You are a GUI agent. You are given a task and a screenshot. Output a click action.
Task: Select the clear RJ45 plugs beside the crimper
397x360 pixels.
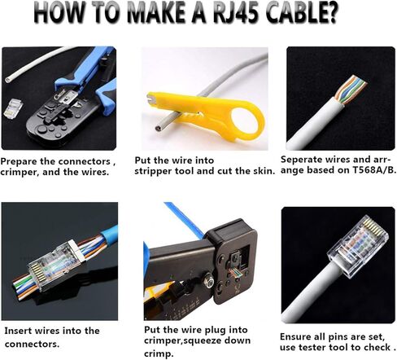point(19,108)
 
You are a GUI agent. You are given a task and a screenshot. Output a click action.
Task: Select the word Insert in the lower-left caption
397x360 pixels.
point(20,330)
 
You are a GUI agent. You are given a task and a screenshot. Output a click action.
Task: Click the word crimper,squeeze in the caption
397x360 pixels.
point(186,343)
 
